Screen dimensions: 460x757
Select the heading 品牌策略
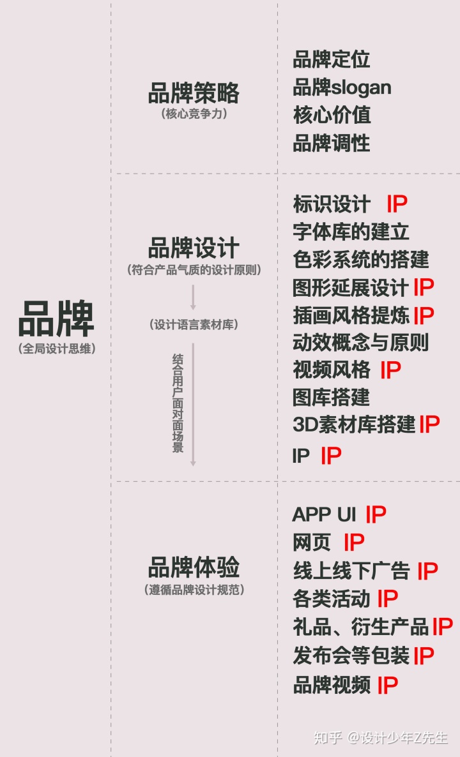coord(194,93)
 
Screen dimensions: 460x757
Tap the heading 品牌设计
coord(194,248)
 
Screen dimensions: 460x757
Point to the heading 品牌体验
coord(194,567)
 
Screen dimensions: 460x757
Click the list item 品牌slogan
coord(342,87)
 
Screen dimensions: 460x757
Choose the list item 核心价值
coord(332,115)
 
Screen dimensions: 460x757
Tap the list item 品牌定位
coord(332,60)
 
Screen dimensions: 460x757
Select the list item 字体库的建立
coord(351,231)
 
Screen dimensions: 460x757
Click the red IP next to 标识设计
coord(397,204)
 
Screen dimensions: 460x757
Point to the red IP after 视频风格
coord(390,370)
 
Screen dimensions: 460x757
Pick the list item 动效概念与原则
coord(360,342)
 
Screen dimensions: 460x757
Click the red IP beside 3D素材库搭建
coord(429,424)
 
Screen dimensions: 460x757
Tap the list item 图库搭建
coord(332,397)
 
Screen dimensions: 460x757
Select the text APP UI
coord(324,514)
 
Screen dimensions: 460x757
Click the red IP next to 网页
coord(354,543)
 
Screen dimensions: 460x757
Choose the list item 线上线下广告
coord(351,571)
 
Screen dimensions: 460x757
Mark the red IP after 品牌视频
coord(387,686)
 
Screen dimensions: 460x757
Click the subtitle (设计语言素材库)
coord(194,325)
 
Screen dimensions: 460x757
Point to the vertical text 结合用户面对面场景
coord(178,403)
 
